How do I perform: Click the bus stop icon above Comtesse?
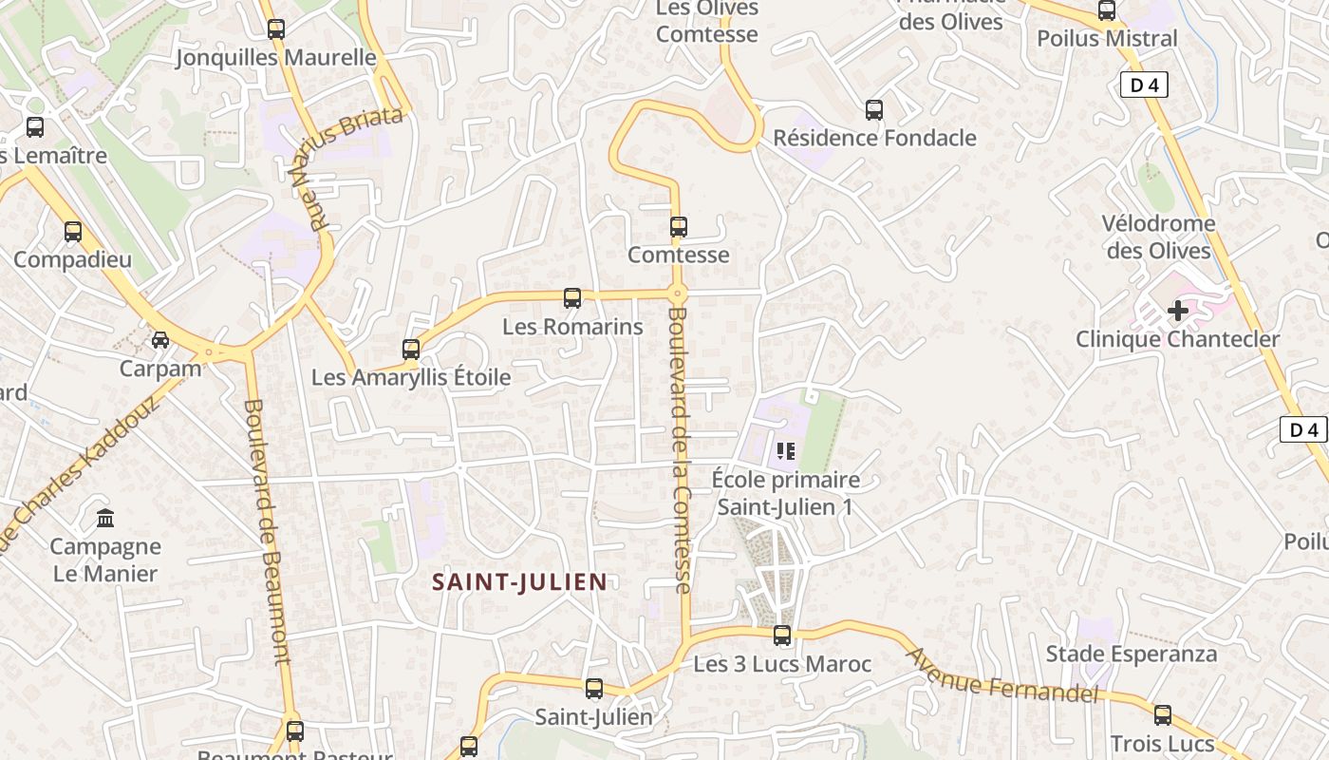(x=678, y=227)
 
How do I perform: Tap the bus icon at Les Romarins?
(x=572, y=298)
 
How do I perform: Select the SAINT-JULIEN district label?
(x=519, y=581)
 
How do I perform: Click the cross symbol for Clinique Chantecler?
(x=1178, y=311)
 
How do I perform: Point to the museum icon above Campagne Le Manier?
(x=105, y=519)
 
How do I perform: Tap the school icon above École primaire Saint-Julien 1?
(x=786, y=450)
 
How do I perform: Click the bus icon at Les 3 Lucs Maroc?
(x=782, y=636)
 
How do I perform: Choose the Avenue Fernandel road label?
(x=1001, y=676)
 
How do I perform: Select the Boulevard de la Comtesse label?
(x=678, y=449)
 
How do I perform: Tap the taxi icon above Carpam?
(x=160, y=340)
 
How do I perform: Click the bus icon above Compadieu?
(x=73, y=231)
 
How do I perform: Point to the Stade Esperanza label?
(x=1131, y=654)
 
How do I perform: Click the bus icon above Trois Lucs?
(x=1163, y=715)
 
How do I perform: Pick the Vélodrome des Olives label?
(x=1158, y=237)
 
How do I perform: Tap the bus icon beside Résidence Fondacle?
(x=874, y=110)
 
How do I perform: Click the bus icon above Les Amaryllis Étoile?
(x=411, y=350)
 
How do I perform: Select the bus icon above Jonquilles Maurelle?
(x=276, y=29)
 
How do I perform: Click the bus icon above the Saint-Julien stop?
(x=594, y=689)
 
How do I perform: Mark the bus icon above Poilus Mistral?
(x=1107, y=10)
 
